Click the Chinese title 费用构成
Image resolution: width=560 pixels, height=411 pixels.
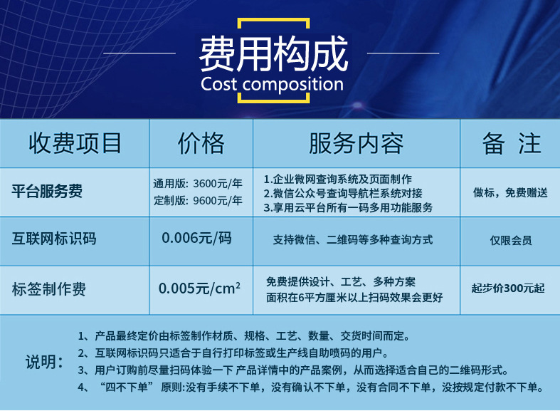pyautogui.click(x=273, y=53)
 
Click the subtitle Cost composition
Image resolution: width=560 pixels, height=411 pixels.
pyautogui.click(x=273, y=85)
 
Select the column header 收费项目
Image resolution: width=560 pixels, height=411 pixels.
pyautogui.click(x=75, y=143)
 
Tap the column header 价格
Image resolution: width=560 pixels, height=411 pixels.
pyautogui.click(x=201, y=143)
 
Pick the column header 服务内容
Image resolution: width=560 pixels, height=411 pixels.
pyautogui.click(x=356, y=143)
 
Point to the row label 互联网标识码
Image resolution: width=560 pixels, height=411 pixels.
pyautogui.click(x=55, y=239)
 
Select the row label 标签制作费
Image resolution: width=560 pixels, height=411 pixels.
pyautogui.click(x=49, y=289)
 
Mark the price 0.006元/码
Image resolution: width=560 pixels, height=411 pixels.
pyautogui.click(x=197, y=238)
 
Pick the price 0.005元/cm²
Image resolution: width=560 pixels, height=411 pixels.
pyautogui.click(x=199, y=288)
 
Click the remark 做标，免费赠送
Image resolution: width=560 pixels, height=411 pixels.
pyautogui.click(x=510, y=192)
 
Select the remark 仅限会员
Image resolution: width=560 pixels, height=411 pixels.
pyautogui.click(x=510, y=240)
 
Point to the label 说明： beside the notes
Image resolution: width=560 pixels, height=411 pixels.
pyautogui.click(x=44, y=361)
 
